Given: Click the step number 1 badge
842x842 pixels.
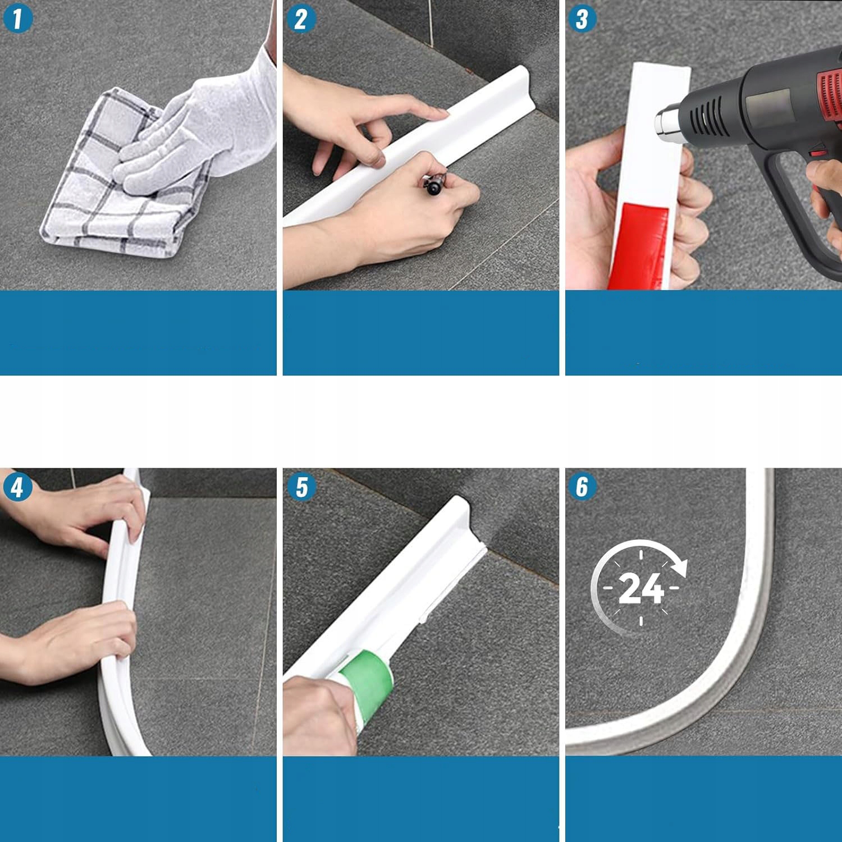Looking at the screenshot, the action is [17, 18].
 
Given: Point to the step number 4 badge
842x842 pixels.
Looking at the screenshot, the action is [17, 487].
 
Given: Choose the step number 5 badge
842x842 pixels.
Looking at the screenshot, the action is [301, 487].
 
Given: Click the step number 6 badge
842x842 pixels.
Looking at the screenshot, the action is [583, 487].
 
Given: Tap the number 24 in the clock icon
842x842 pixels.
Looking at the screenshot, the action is [640, 589].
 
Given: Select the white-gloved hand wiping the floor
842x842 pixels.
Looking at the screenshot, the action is [196, 129].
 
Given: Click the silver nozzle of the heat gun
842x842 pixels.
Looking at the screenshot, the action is [668, 121].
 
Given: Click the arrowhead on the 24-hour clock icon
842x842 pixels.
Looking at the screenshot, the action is [680, 567].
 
